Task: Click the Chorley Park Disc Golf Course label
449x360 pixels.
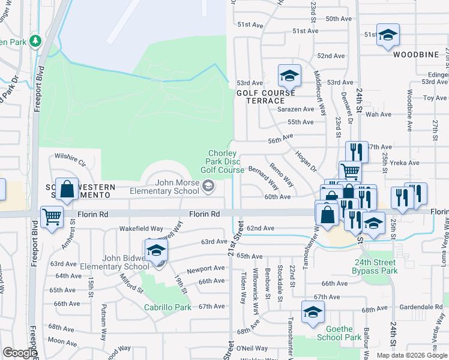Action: tap(222, 161)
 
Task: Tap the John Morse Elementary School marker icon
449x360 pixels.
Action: tap(208, 187)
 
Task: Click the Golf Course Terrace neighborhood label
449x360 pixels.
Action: tap(265, 97)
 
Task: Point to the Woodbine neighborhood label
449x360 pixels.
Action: tap(416, 55)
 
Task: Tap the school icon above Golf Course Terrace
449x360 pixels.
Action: tap(289, 76)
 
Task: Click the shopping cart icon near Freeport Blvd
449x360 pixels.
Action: tap(52, 217)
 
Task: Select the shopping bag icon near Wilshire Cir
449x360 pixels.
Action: tap(67, 189)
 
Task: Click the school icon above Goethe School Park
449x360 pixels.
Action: tap(313, 312)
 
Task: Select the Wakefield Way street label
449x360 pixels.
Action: tap(141, 229)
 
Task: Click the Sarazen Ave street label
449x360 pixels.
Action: tap(295, 109)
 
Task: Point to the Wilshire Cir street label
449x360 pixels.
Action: tap(70, 163)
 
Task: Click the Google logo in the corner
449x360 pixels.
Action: tap(19, 353)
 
